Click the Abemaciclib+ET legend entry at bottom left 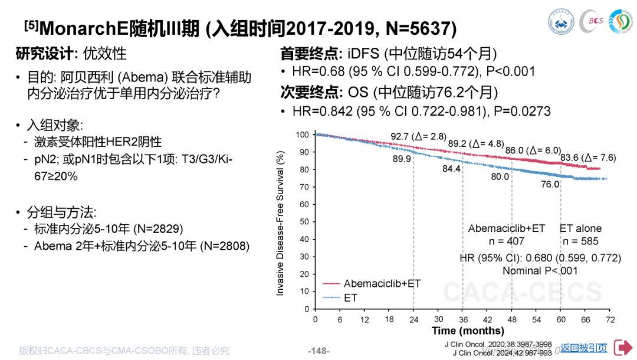[382, 283]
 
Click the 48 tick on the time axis [512, 319]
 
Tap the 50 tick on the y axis [304, 222]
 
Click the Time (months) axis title [468, 331]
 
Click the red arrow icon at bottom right [623, 347]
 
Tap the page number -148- [318, 351]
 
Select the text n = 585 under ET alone [580, 241]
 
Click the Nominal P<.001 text [540, 270]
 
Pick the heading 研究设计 [46, 54]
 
